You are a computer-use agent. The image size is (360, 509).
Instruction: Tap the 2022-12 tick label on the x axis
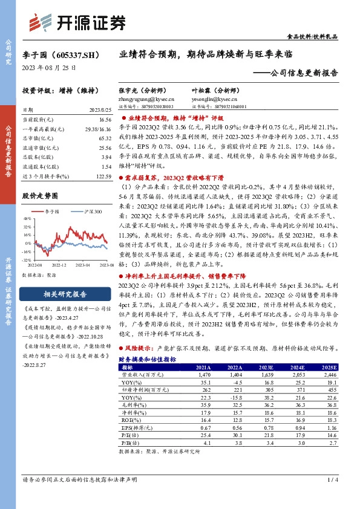pos(59,265)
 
